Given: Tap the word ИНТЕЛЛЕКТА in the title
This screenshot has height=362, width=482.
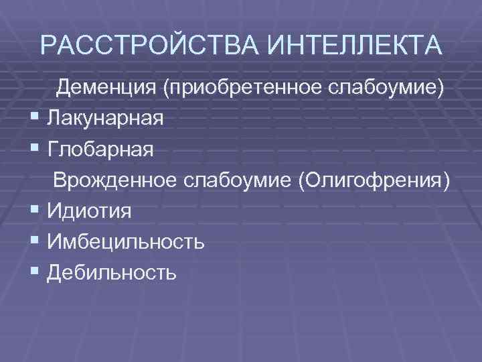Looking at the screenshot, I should [x=354, y=46].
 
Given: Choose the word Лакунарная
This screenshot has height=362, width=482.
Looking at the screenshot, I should [x=105, y=119].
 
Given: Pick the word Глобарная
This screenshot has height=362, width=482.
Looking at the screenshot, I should [x=100, y=149].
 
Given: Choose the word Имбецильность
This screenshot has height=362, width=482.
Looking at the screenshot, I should [x=127, y=241].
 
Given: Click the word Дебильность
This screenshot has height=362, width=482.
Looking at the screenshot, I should [x=112, y=272].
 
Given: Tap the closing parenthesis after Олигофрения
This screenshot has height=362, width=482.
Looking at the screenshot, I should [x=447, y=181].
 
